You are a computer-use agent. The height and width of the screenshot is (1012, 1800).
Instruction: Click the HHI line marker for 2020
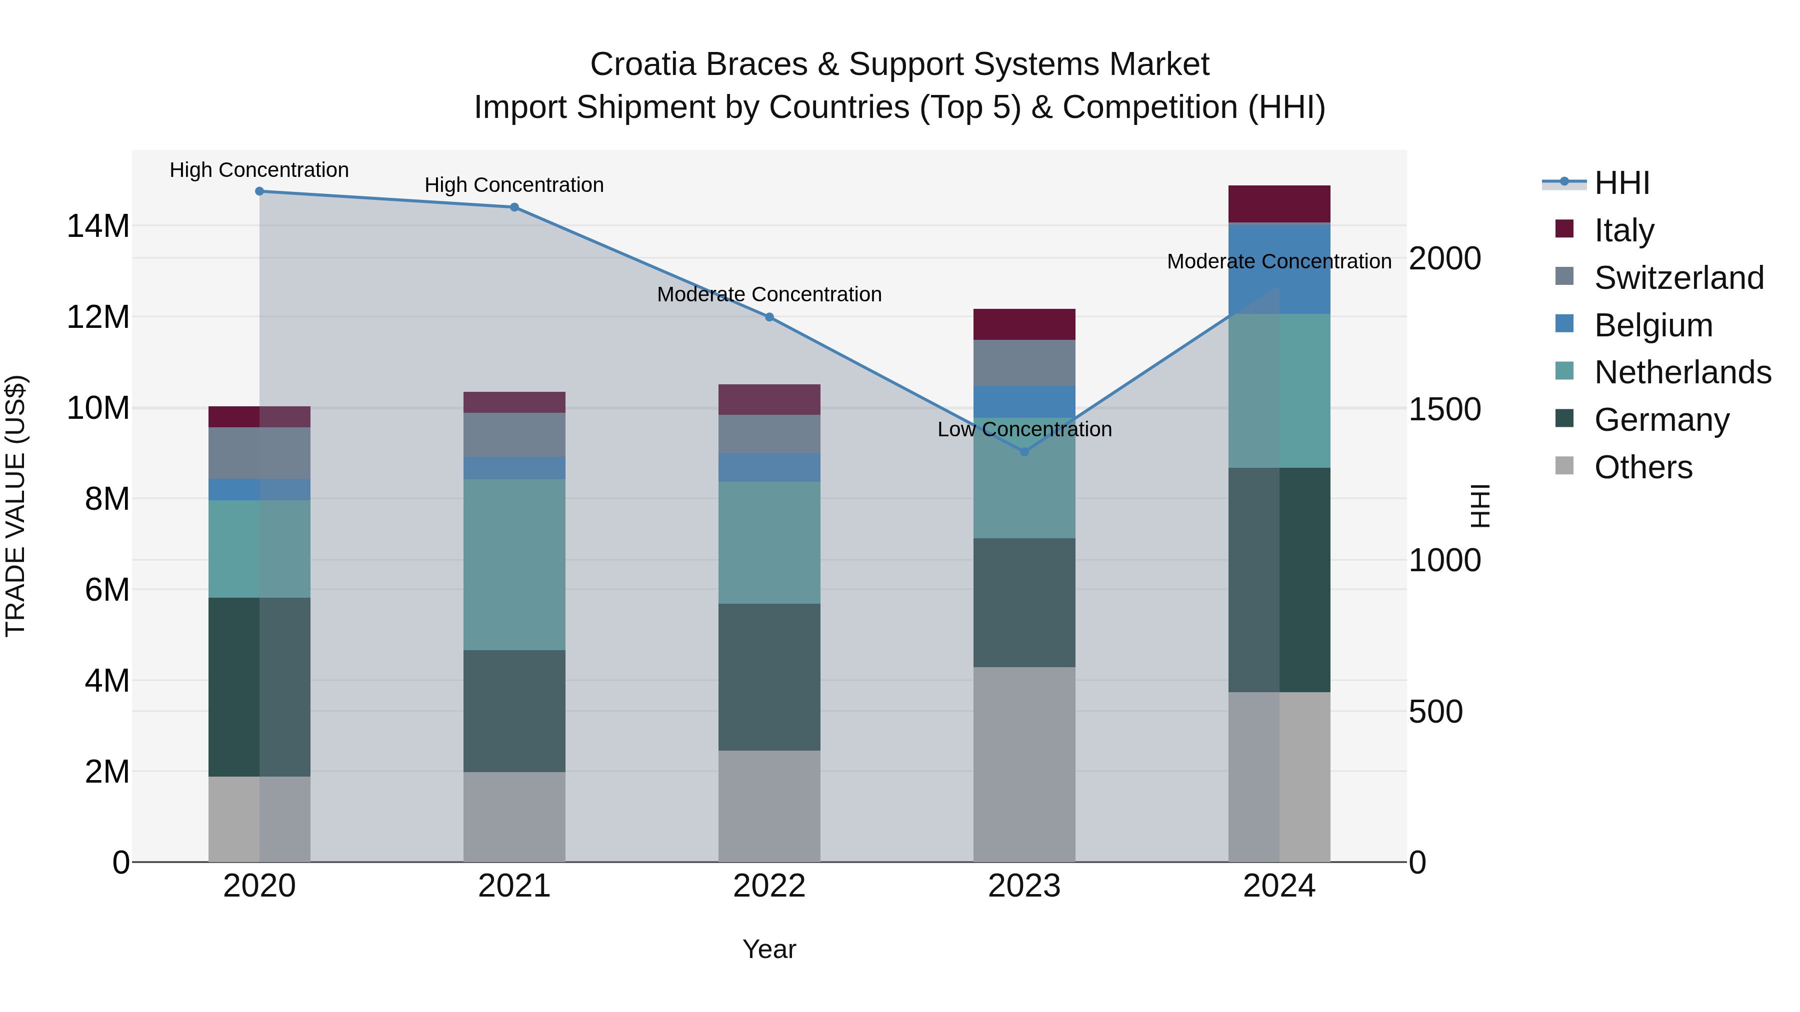coord(259,191)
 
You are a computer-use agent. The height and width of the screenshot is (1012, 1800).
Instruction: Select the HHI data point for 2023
coord(1024,452)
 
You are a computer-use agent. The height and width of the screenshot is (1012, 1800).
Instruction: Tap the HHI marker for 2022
coord(769,317)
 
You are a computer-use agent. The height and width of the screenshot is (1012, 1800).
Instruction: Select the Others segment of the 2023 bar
coord(1024,764)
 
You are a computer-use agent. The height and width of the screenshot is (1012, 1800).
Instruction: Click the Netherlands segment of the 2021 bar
coord(514,564)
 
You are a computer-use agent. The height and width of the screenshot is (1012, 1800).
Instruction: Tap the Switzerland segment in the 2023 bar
coord(1024,362)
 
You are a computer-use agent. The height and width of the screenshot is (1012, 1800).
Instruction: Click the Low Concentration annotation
coord(1024,429)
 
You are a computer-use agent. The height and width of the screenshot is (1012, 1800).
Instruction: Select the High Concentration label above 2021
coord(514,185)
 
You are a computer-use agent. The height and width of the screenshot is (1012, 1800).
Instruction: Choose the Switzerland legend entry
coord(1678,278)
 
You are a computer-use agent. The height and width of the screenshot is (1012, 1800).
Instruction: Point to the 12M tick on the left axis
coord(98,317)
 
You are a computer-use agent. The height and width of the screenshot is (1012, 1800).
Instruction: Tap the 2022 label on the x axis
coord(769,886)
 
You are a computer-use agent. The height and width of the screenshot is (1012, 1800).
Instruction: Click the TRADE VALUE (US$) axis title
coord(15,506)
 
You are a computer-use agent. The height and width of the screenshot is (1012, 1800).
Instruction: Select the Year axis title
coord(769,949)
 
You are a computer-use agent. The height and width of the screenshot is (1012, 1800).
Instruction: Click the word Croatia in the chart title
coord(643,64)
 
